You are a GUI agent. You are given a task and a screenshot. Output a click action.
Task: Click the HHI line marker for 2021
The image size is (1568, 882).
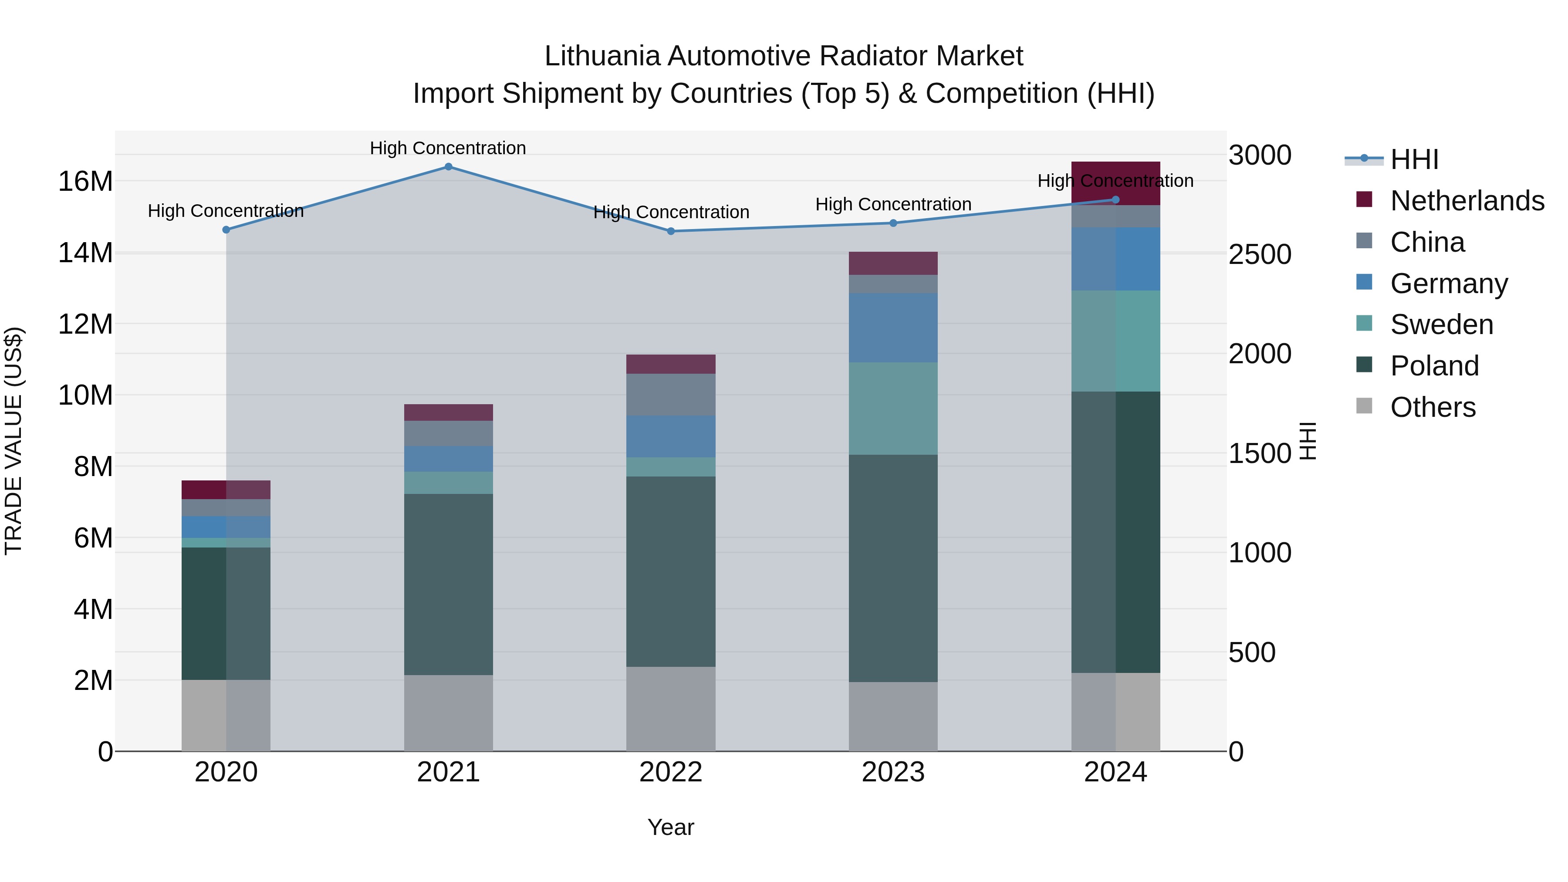(448, 167)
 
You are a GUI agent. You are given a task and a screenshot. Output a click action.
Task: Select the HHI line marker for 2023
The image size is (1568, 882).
(893, 223)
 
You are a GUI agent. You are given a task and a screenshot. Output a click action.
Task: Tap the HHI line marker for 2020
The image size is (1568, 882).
(226, 230)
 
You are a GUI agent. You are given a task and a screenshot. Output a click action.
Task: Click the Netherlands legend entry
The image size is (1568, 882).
(1467, 201)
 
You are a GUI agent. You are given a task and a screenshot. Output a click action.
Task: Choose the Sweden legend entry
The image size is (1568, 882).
(1441, 324)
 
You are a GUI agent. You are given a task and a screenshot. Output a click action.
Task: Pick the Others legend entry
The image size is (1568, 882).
(1433, 407)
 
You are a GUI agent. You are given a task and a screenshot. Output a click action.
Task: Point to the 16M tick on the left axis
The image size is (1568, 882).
(85, 181)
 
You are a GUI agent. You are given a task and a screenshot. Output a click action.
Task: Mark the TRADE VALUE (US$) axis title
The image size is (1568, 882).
(14, 441)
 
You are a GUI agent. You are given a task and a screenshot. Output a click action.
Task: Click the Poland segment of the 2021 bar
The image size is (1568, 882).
(448, 585)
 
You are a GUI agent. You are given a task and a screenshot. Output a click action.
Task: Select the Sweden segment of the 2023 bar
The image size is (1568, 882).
(893, 409)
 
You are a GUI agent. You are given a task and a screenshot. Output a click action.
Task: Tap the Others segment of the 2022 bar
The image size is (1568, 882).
(671, 709)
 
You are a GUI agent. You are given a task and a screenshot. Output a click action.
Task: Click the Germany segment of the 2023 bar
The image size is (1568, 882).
(893, 328)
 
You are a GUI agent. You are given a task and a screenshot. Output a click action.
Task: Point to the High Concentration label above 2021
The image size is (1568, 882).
(448, 149)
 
